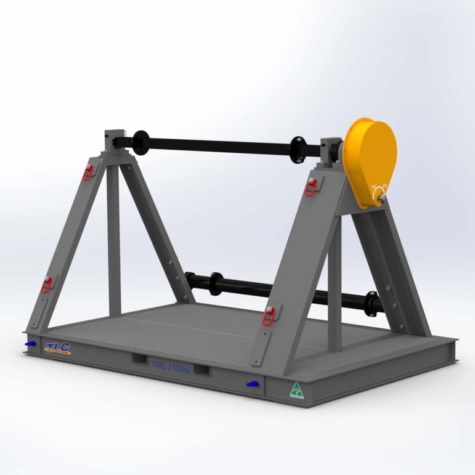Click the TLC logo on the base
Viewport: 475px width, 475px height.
(x=58, y=348)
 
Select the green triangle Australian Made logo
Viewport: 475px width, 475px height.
(x=297, y=390)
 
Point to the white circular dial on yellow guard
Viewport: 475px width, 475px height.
(x=378, y=195)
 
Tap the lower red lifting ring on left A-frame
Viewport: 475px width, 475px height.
(x=46, y=284)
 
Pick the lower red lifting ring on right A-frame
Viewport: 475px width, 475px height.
(x=268, y=315)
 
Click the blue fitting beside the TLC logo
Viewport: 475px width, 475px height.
(x=29, y=343)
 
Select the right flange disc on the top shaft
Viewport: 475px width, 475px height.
(x=299, y=147)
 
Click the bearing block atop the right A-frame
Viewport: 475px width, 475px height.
(x=333, y=151)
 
